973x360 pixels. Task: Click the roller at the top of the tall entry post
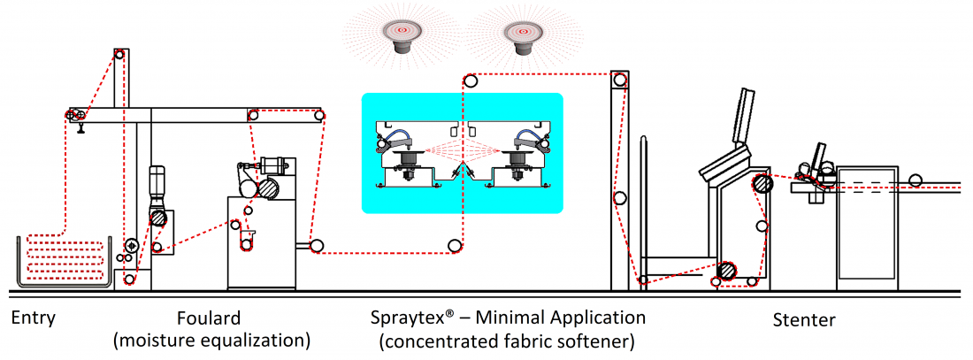click(x=119, y=55)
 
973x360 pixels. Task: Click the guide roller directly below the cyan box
click(x=455, y=245)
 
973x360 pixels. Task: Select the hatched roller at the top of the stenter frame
click(x=762, y=185)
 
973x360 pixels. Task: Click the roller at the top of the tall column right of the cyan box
click(x=622, y=81)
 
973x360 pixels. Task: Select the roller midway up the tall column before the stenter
click(x=621, y=198)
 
